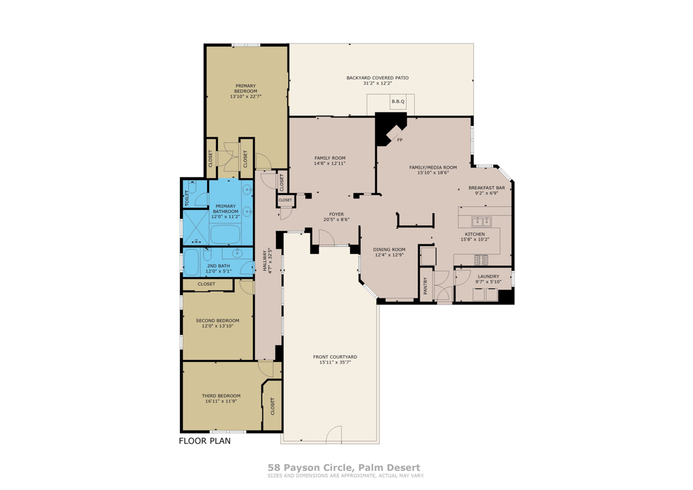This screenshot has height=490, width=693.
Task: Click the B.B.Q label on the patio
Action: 397,102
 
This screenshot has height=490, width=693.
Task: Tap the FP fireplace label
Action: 399,140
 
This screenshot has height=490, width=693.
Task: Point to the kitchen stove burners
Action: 482,259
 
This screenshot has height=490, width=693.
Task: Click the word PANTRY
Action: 426,286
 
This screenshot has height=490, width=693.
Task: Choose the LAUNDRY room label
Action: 488,276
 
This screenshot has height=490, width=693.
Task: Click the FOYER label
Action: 336,214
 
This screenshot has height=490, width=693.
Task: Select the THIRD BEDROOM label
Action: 221,396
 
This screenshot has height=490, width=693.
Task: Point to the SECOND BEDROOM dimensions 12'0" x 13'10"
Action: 217,326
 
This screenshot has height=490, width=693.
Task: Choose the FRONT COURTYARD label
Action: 334,357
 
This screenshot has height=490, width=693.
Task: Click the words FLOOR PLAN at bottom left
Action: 204,441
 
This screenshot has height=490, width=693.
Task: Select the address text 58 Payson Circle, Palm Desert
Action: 344,468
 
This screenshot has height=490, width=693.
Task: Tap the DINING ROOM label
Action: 389,249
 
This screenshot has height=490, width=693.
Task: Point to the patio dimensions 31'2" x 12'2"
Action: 377,84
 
